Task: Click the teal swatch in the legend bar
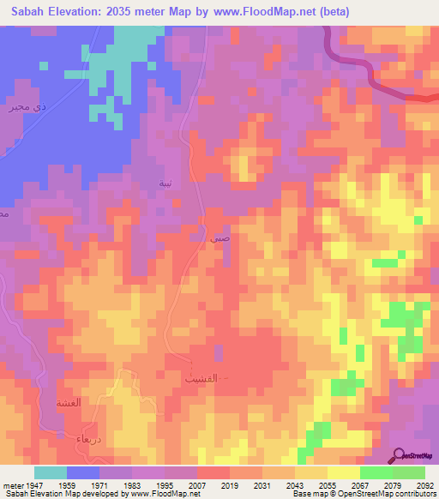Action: [51, 472]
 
